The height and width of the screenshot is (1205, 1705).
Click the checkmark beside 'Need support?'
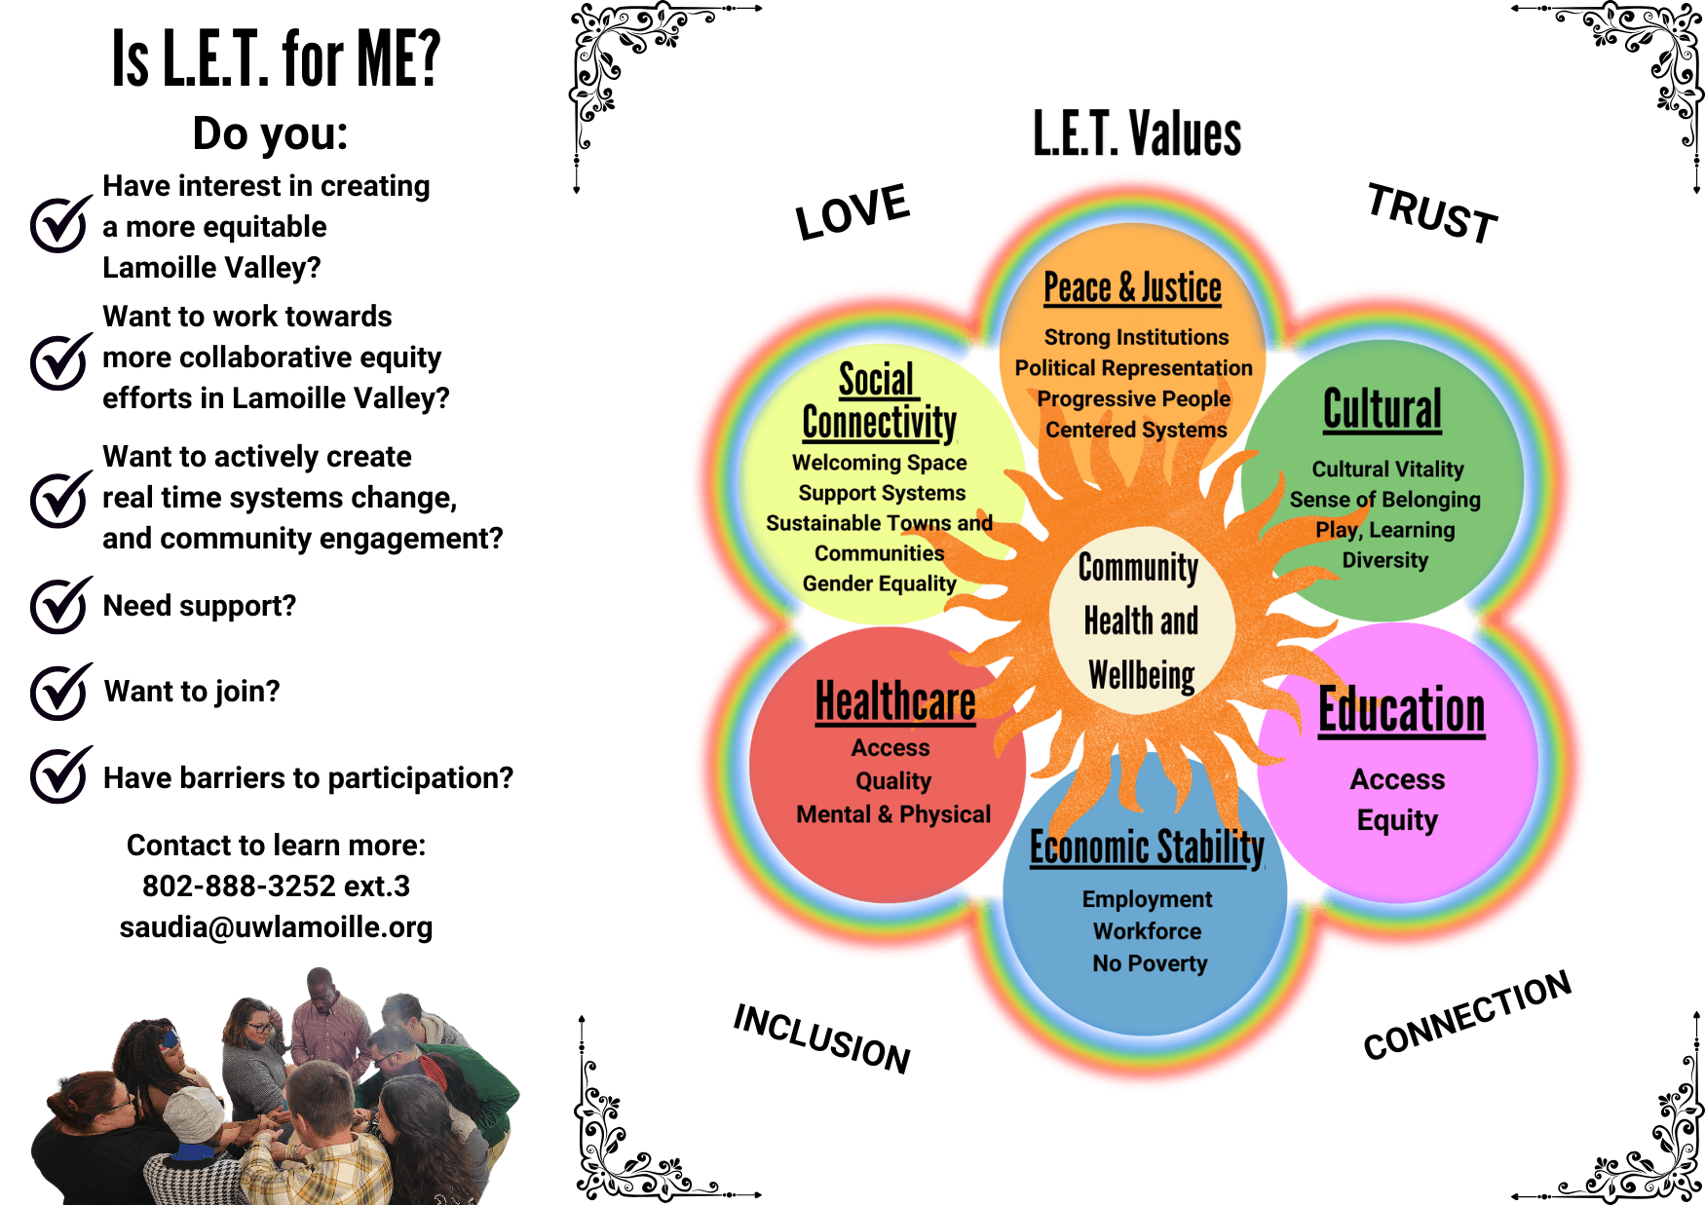point(60,605)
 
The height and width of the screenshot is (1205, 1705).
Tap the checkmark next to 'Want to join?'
point(60,692)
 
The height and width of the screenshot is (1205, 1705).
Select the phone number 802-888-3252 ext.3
point(276,885)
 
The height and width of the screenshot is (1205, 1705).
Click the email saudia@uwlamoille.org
point(276,927)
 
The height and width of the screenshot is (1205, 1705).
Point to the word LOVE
point(852,211)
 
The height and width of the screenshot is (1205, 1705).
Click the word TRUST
point(1432,213)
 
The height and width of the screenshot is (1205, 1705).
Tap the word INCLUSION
point(822,1038)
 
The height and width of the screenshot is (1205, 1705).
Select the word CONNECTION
point(1467,1015)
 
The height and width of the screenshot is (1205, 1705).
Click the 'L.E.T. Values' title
point(1137,133)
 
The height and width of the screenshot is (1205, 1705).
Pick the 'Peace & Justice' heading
point(1132,288)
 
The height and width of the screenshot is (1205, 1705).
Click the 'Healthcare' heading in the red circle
point(895,701)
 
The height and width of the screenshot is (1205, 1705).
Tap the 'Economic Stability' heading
point(1148,847)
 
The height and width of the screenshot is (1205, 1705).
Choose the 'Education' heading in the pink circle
point(1402,710)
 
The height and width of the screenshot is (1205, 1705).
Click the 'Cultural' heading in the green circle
point(1383,408)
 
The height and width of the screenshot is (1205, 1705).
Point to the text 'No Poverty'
point(1150,963)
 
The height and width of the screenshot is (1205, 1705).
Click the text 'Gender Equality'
point(879,584)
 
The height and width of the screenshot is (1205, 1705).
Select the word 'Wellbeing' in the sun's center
point(1142,674)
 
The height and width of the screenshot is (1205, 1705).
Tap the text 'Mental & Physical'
point(893,814)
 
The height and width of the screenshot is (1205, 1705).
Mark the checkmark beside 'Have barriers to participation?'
point(60,776)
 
